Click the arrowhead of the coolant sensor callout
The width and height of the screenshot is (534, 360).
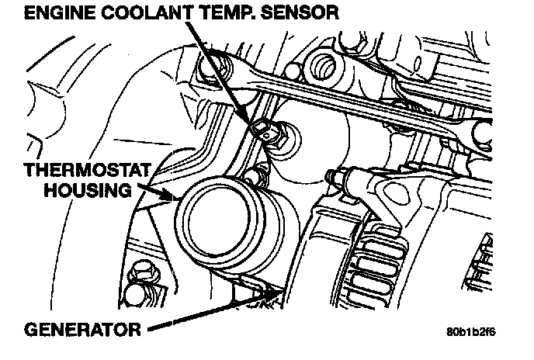point(259,126)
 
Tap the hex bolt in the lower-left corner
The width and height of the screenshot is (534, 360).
point(141,274)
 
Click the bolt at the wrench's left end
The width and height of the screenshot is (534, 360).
point(207,72)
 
